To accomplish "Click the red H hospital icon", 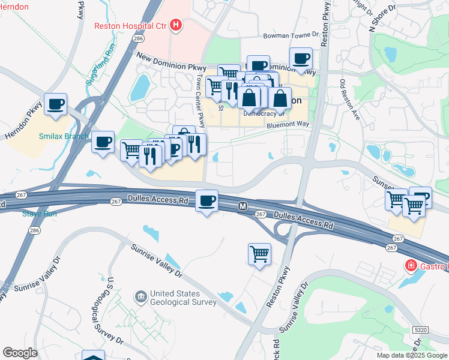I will point(176,25).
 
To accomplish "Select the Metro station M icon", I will point(243,206).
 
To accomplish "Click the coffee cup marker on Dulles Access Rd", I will point(207,200).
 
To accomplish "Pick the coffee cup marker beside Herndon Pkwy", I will point(56,104).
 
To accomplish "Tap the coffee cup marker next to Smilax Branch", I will point(103,142).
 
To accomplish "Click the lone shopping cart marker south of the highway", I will point(259,253).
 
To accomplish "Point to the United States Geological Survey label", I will point(183,298).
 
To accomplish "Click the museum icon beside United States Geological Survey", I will point(141,296).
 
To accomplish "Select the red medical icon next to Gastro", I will point(411,265).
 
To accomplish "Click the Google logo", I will point(20,352).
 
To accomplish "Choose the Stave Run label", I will point(38,213).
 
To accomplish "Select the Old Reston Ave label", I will point(349,100).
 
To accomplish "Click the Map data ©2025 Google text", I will point(411,355).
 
